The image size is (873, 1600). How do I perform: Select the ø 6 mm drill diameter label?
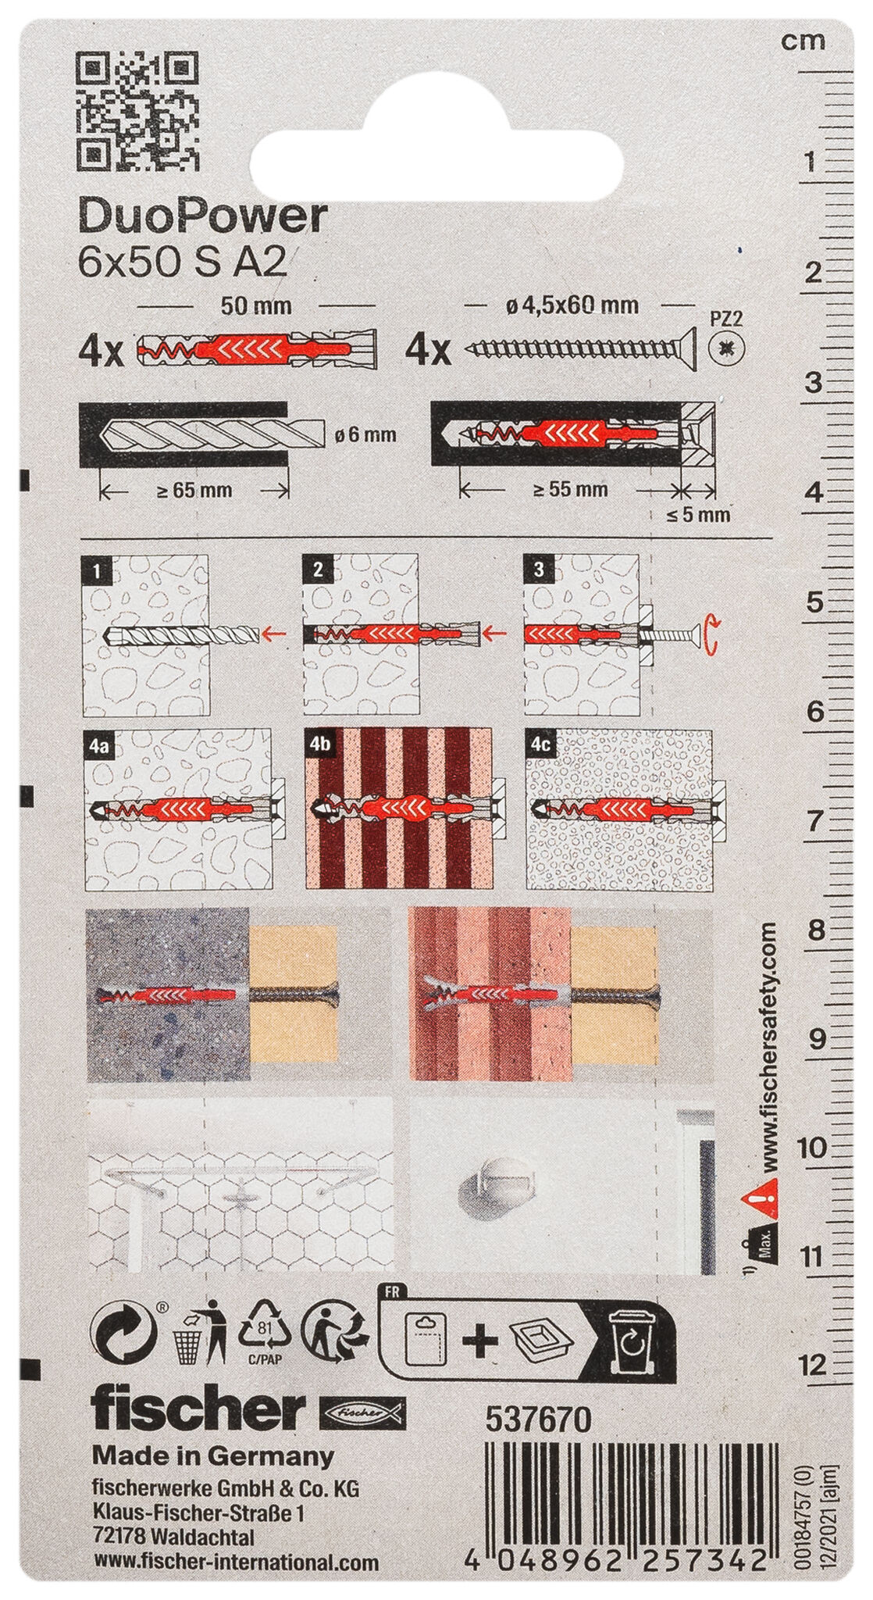point(365,435)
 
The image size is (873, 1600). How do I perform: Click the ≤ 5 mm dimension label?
point(698,514)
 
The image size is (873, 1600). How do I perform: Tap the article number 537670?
point(539,1420)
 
